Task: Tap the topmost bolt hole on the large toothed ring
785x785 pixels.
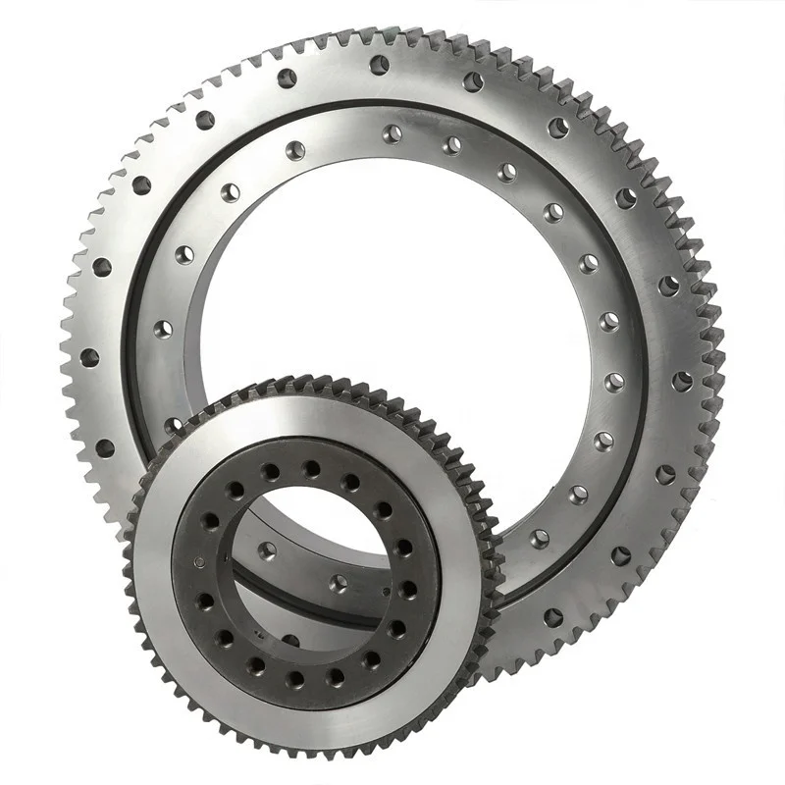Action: coord(379,65)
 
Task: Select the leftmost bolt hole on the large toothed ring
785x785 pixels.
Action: coord(89,357)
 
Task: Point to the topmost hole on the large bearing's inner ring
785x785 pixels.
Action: coord(392,133)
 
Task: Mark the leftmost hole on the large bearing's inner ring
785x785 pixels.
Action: coord(163,328)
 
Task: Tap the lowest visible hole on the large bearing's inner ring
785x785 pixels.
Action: coord(540,539)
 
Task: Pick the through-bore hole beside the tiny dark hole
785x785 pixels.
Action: coord(339,584)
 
